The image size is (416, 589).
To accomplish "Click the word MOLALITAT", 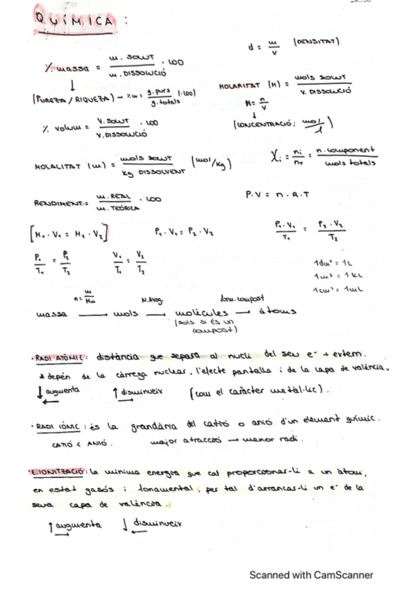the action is pos(58,167).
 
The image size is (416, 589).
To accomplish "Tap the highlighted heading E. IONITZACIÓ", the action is pos(58,473).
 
